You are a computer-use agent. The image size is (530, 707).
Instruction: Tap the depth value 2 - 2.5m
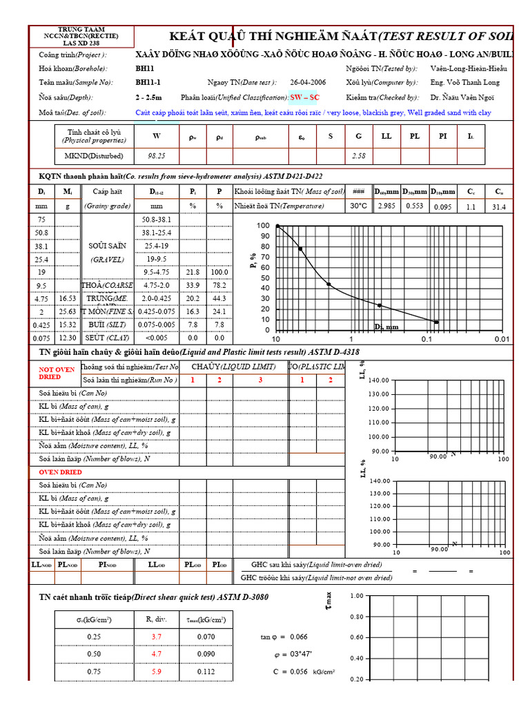(x=149, y=98)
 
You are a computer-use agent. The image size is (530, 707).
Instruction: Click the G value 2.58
(x=358, y=156)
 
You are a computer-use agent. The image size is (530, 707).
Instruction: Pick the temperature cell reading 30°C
(x=358, y=206)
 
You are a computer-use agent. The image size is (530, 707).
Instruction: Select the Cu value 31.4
(x=499, y=206)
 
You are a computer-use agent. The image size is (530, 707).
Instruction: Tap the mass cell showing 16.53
(x=68, y=298)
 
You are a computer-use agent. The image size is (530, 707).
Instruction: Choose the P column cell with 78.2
(x=219, y=285)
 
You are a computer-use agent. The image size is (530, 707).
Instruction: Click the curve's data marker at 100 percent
(x=277, y=226)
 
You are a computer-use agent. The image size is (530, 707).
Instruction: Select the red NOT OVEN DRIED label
(x=57, y=373)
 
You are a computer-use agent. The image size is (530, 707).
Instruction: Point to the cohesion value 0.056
(x=297, y=671)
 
